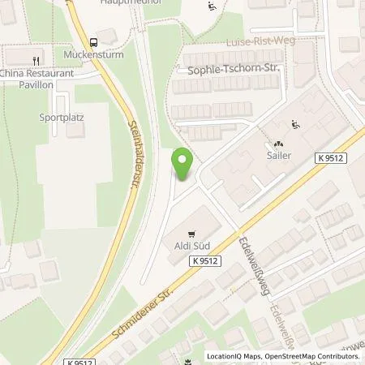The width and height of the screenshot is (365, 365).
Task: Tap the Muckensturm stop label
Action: click(x=87, y=57)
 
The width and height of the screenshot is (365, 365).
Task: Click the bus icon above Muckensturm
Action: click(x=95, y=42)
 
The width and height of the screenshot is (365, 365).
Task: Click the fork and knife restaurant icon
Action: click(x=36, y=60)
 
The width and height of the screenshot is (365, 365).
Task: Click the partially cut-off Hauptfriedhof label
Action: click(x=127, y=3)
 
